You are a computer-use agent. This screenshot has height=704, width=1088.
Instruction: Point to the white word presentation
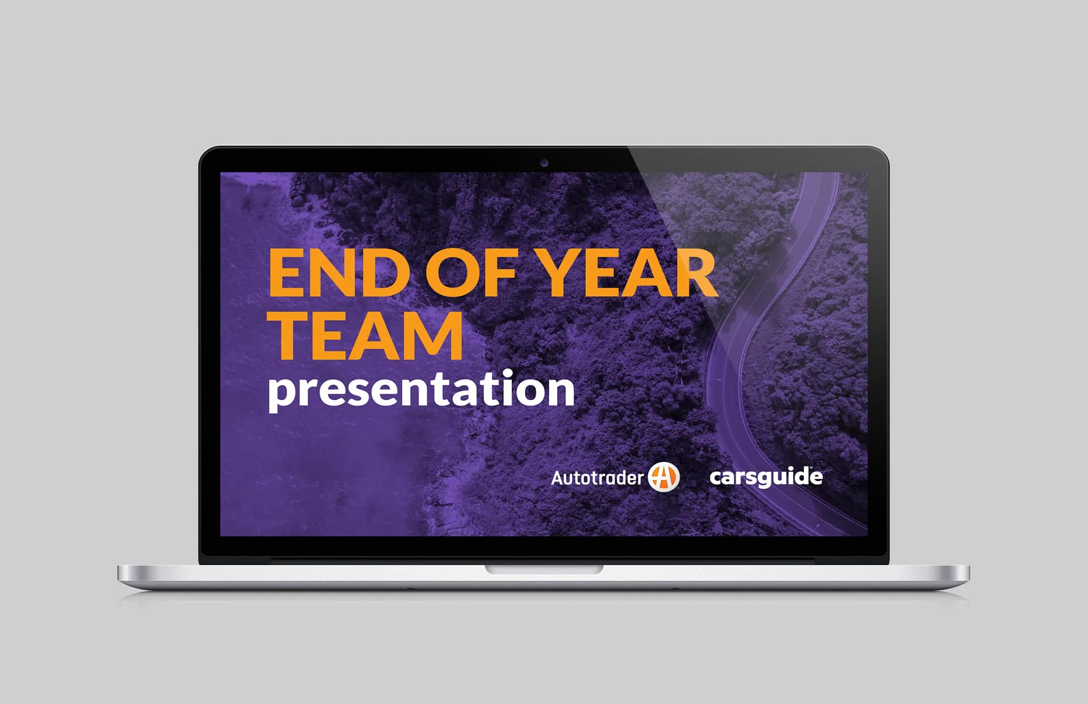(x=421, y=391)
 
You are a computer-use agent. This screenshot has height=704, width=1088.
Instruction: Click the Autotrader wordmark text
(x=597, y=478)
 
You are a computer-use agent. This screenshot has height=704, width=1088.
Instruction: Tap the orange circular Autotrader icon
(x=664, y=477)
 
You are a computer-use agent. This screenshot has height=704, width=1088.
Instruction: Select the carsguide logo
(x=766, y=477)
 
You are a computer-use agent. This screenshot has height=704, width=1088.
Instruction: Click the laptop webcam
(x=544, y=163)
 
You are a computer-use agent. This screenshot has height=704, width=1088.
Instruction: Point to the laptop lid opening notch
(x=544, y=569)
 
